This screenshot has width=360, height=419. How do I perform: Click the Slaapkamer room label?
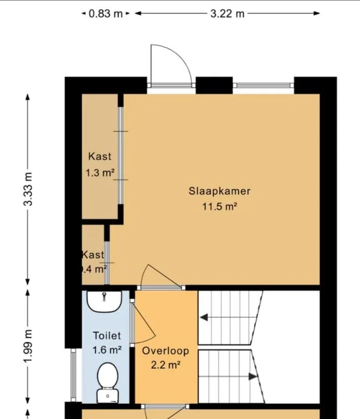point(219,191)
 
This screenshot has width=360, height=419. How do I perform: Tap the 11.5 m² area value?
point(219,207)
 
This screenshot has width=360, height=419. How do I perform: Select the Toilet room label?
point(107,336)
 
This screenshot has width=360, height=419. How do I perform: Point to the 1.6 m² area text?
point(107,349)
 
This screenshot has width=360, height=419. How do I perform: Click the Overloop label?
point(166,351)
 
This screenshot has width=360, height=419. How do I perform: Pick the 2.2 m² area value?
point(166,365)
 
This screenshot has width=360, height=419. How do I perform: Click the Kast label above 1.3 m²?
point(100,156)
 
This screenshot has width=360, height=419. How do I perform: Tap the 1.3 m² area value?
point(100,173)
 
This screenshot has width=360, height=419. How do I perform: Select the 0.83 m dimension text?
point(106,14)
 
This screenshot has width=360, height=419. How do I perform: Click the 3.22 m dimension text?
point(227,14)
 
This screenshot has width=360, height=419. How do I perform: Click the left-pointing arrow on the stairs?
point(204,318)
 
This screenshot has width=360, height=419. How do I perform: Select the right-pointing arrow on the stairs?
point(252,376)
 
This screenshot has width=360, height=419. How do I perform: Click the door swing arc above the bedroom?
point(171,63)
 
